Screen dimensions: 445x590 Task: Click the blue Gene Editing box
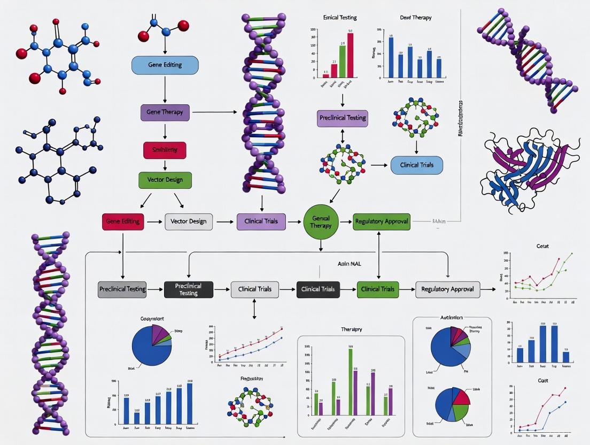click(165, 65)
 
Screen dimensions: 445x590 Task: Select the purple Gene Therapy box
click(165, 112)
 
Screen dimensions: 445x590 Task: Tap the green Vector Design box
click(165, 180)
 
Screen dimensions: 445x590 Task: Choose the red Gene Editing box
click(123, 221)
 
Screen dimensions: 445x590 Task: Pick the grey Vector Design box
click(189, 221)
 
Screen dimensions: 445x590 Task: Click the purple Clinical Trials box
click(261, 221)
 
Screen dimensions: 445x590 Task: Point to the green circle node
click(321, 222)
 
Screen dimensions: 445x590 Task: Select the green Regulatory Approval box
click(382, 221)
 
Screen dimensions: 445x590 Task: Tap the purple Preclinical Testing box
click(342, 118)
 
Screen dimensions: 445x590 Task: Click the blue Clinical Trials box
click(417, 165)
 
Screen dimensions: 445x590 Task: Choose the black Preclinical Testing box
click(189, 289)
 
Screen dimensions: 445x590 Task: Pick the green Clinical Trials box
click(378, 289)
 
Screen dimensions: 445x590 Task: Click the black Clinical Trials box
click(318, 289)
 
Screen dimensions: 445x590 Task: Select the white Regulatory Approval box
click(447, 289)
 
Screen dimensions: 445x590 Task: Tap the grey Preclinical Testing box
click(122, 289)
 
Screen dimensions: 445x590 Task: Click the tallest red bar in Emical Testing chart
click(351, 55)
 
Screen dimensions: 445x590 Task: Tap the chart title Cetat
click(542, 246)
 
